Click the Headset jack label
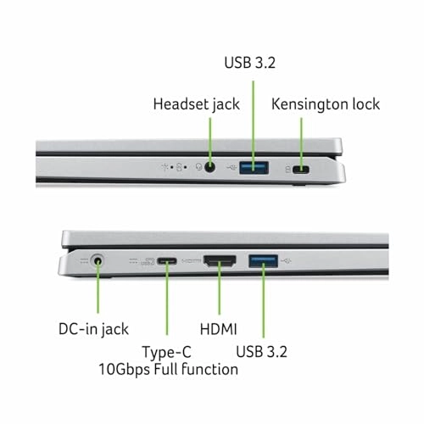197,104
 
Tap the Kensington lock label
326,104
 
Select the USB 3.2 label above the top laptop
249,63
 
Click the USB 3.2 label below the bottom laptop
261,352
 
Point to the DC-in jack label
93,330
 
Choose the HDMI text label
218,329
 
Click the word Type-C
167,353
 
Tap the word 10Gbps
124,370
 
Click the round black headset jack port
209,167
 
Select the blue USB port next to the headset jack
254,168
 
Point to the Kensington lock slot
301,170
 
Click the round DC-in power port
98,260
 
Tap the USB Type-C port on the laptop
167,261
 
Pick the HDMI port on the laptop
220,261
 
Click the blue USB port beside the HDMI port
263,261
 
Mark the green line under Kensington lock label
301,144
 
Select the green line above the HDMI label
220,287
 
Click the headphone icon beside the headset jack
199,167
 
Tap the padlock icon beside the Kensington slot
287,170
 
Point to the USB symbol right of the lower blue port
286,261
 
